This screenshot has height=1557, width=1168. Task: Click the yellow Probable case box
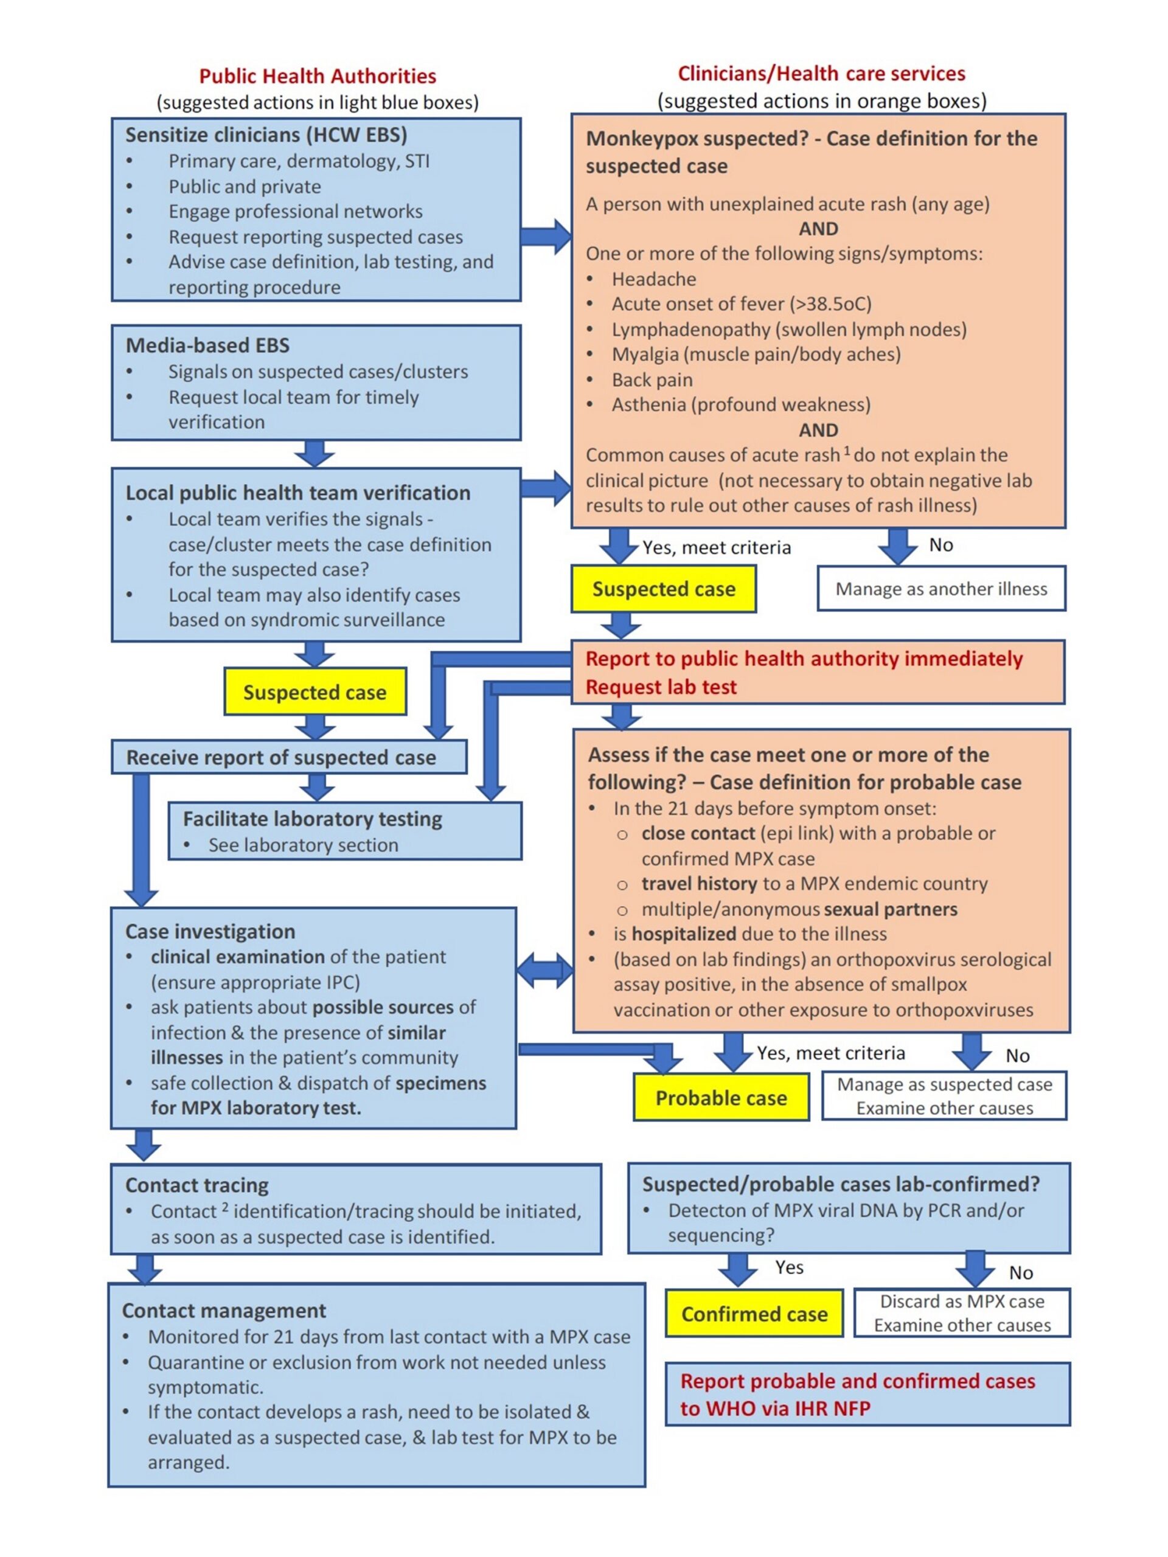(x=720, y=1097)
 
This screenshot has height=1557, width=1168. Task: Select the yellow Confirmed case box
(x=753, y=1314)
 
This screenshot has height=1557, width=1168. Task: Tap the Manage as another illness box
(x=940, y=589)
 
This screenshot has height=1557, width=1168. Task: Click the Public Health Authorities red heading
(x=318, y=76)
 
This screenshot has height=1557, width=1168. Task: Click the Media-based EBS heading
(x=207, y=345)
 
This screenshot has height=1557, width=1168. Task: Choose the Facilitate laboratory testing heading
(x=312, y=819)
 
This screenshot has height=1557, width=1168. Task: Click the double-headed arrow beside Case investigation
(x=544, y=971)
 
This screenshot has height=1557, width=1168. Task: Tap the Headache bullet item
(x=653, y=279)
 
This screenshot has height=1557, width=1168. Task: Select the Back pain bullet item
(x=652, y=380)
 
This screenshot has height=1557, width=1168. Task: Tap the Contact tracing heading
(x=197, y=1185)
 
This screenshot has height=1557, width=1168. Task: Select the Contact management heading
(x=224, y=1310)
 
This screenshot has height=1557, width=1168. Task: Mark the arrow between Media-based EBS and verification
(x=314, y=453)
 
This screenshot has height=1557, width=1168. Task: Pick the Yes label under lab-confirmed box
(x=788, y=1267)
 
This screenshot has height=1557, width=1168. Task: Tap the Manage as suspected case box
(x=944, y=1095)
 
